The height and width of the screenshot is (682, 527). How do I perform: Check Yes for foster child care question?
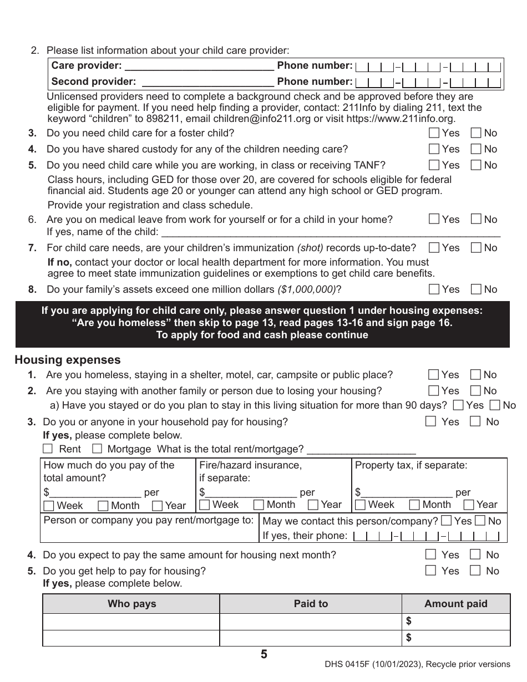click(434, 133)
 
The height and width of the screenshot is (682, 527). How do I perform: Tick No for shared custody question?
click(476, 149)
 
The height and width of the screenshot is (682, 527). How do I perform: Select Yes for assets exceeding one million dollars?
click(434, 289)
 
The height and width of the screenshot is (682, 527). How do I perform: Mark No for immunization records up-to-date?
click(476, 248)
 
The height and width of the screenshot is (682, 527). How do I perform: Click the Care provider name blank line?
click(200, 67)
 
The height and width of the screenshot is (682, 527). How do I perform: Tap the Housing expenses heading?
click(67, 360)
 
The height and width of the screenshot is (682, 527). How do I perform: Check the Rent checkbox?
click(48, 449)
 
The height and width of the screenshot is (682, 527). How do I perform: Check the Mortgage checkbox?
click(97, 449)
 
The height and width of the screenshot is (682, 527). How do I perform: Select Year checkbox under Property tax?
click(469, 505)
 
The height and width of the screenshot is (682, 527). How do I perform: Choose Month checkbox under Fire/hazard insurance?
click(259, 505)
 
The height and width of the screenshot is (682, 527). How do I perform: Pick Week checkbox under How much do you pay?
click(49, 506)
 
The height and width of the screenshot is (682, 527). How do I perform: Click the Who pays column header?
click(131, 604)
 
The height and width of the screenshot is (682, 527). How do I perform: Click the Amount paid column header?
click(455, 604)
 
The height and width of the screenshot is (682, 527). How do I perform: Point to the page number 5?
click(263, 655)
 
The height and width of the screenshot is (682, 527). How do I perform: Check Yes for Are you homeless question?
click(434, 375)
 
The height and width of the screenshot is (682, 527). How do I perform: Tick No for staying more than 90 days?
click(495, 406)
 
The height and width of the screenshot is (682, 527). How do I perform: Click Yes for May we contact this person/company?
click(446, 521)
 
